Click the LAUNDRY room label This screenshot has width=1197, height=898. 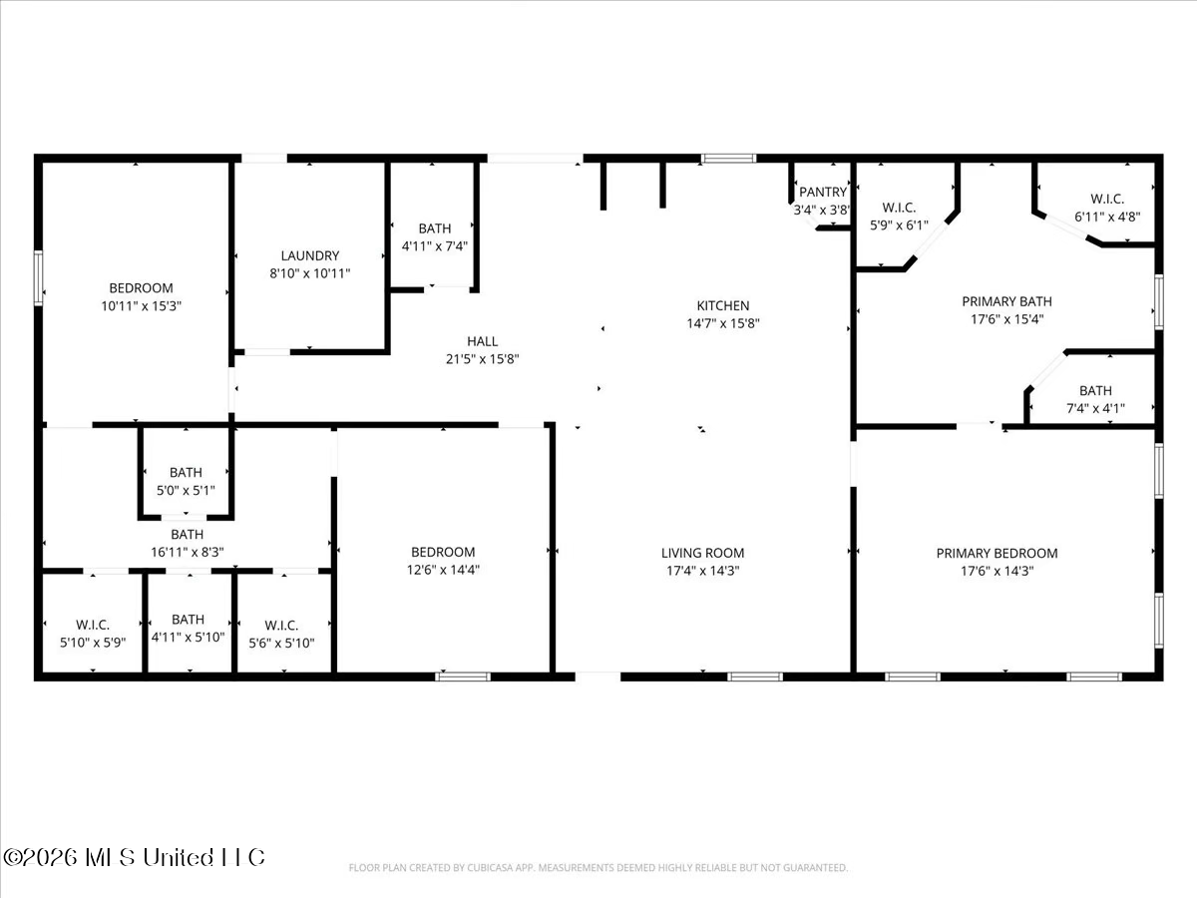pyautogui.click(x=310, y=255)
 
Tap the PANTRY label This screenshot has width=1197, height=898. pyautogui.click(x=822, y=192)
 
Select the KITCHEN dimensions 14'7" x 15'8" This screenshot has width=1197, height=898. pyautogui.click(x=722, y=323)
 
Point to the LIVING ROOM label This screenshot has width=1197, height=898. pyautogui.click(x=702, y=553)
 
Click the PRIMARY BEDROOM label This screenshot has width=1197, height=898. pyautogui.click(x=997, y=554)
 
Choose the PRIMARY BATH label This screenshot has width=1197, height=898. pyautogui.click(x=1006, y=301)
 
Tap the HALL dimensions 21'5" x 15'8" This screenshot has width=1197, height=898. pyautogui.click(x=482, y=359)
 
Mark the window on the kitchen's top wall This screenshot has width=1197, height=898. pyautogui.click(x=728, y=159)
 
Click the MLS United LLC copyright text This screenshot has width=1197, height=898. pyautogui.click(x=134, y=858)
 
